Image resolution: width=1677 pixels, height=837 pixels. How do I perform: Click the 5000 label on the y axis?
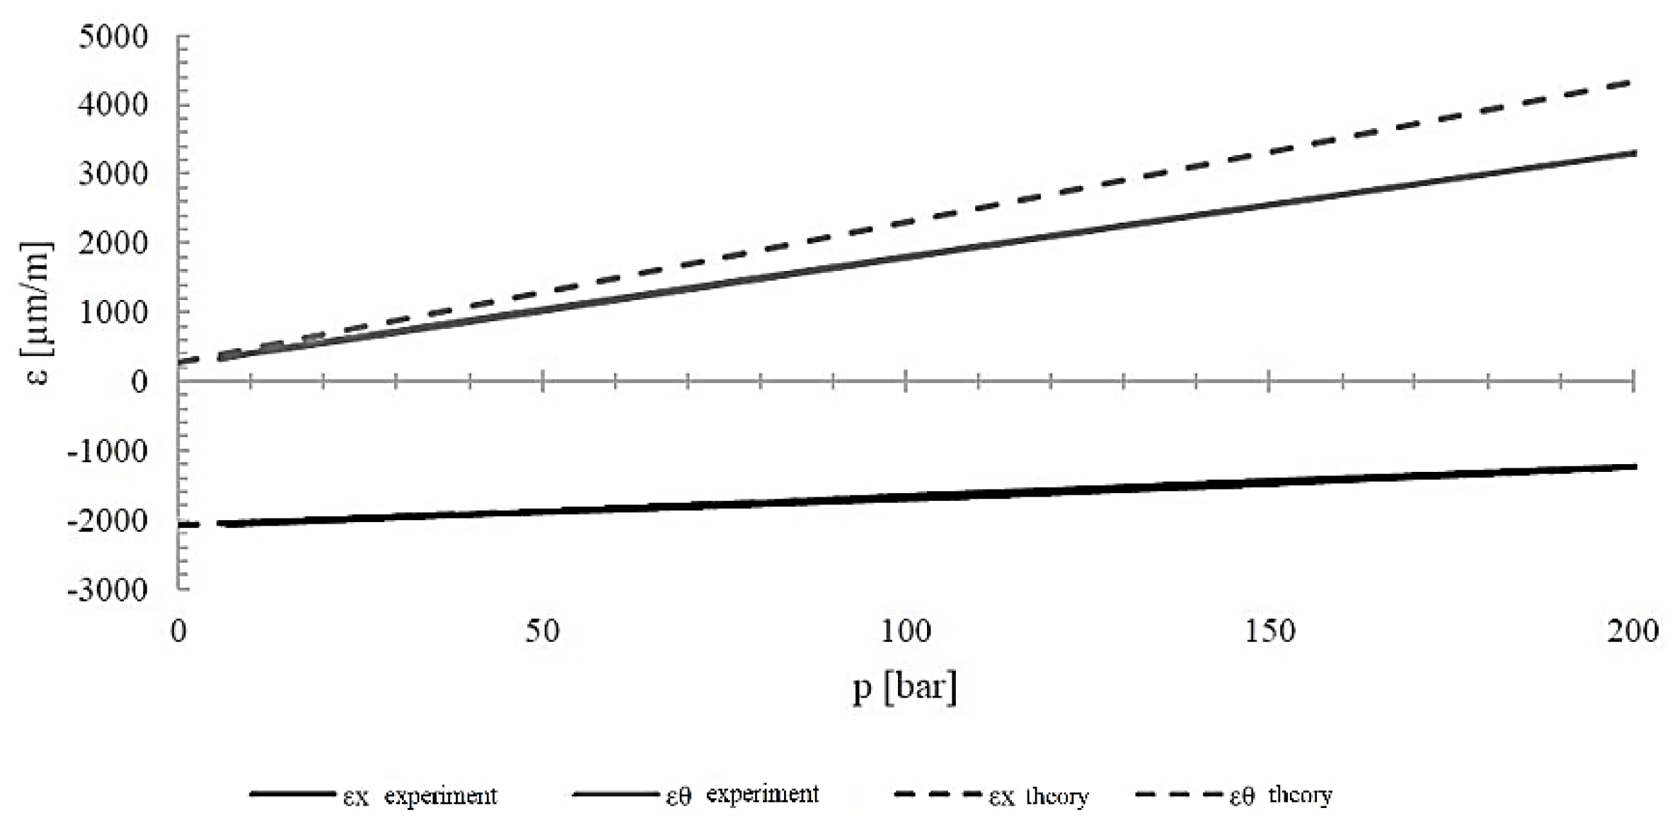tap(113, 37)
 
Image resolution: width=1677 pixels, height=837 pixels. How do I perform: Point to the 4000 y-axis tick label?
tap(113, 105)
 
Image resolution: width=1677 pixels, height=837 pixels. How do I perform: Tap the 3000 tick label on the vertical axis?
tap(113, 173)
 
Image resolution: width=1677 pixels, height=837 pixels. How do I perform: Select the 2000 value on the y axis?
tap(113, 243)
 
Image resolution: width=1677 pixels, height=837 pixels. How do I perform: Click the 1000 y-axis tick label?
tap(113, 312)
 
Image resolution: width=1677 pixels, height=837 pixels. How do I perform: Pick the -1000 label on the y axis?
tap(108, 451)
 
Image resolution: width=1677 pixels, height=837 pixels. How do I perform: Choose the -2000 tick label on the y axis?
tap(108, 521)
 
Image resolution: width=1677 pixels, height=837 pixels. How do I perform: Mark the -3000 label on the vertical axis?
tap(108, 589)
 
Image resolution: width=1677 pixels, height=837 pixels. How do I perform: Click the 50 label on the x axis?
tap(542, 630)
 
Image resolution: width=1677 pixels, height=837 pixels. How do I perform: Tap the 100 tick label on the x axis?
tap(906, 630)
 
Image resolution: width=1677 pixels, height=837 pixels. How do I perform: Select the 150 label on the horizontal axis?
tap(1269, 630)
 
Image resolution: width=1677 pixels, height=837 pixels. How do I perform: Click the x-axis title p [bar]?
tap(905, 687)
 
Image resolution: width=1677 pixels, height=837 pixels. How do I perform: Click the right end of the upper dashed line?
tap(1631, 83)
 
